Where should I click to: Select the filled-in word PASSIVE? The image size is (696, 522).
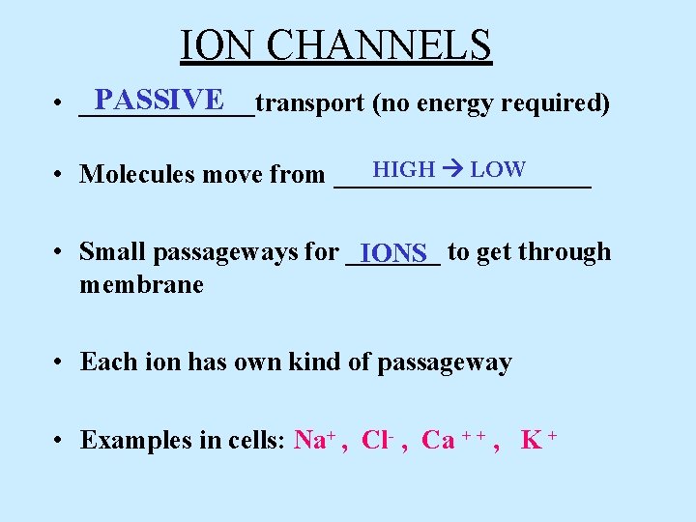[x=160, y=100]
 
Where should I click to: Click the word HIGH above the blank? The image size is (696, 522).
[x=403, y=169]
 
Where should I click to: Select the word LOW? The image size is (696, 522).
[x=498, y=169]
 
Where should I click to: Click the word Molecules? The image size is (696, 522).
[x=141, y=175]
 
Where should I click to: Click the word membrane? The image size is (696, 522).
[x=141, y=285]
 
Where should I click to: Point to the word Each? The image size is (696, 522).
[x=102, y=362]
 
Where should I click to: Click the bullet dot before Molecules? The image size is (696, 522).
[x=60, y=175]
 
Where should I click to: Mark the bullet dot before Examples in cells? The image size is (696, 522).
[x=60, y=441]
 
